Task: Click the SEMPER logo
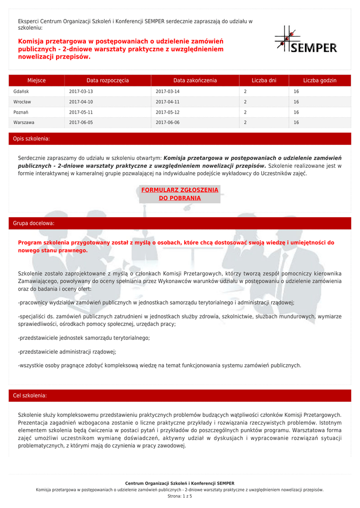(305, 40)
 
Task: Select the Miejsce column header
(37, 80)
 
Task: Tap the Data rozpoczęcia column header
(107, 80)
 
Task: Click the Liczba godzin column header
(320, 80)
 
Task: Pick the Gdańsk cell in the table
(21, 92)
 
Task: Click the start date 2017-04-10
(81, 102)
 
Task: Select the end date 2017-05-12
(168, 112)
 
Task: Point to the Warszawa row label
(24, 122)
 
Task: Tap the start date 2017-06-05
(81, 122)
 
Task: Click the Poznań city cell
(21, 112)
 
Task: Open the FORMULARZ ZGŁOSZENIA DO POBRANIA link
(180, 194)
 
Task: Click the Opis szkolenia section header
(31, 139)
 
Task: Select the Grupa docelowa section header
(34, 224)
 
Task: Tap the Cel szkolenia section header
(30, 396)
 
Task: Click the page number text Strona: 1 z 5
(180, 496)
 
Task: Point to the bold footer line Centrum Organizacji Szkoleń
(180, 483)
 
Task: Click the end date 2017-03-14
(168, 92)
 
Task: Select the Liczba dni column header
(264, 80)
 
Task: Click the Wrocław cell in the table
(22, 102)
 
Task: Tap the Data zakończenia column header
(195, 80)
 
